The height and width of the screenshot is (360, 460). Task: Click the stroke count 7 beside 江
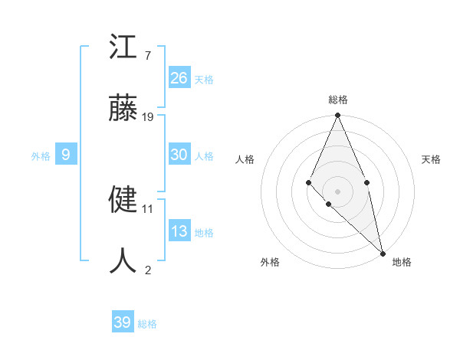point(148,56)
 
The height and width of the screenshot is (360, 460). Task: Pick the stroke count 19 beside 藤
point(148,116)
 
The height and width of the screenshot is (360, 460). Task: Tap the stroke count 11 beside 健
point(148,208)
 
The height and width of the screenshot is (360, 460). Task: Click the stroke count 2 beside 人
point(148,270)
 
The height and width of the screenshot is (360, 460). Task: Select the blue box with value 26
point(179,77)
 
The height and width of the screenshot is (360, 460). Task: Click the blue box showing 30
point(179,154)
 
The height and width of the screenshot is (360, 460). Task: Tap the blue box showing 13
point(179,231)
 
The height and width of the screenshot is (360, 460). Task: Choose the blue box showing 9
point(66,155)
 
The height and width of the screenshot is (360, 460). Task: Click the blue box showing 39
point(123,322)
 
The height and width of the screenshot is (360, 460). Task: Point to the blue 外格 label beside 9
point(41,156)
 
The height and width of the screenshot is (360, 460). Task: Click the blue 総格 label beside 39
point(147,324)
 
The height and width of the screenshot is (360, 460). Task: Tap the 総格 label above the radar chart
point(337,100)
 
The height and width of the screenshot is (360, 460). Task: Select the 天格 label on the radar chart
point(431,159)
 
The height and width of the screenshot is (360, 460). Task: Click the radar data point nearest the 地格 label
point(383,253)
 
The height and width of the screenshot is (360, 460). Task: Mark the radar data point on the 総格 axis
point(337,116)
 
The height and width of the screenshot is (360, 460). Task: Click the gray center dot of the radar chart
point(337,191)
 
